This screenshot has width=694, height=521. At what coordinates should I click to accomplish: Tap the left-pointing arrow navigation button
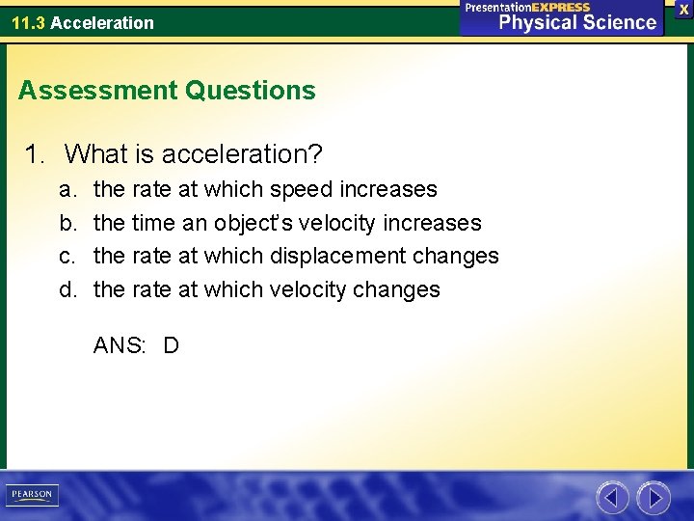[612, 498]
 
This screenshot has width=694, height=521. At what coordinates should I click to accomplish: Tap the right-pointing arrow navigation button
[654, 498]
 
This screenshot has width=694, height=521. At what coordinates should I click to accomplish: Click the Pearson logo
[31, 495]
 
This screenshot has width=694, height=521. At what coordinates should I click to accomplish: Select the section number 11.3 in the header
[28, 22]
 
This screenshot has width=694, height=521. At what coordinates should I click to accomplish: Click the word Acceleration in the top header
[102, 22]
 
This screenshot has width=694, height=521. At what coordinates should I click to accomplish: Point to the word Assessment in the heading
[97, 91]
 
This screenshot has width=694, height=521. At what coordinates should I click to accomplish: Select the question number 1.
[36, 153]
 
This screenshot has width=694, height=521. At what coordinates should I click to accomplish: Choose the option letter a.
[67, 189]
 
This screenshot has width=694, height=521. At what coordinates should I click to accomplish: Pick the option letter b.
[67, 223]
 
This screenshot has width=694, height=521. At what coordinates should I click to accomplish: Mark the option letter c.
[67, 256]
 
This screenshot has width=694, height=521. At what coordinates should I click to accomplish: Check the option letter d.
[67, 289]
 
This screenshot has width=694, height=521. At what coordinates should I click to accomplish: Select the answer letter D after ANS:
[171, 345]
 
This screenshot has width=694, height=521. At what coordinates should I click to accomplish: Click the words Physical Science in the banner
[576, 22]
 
